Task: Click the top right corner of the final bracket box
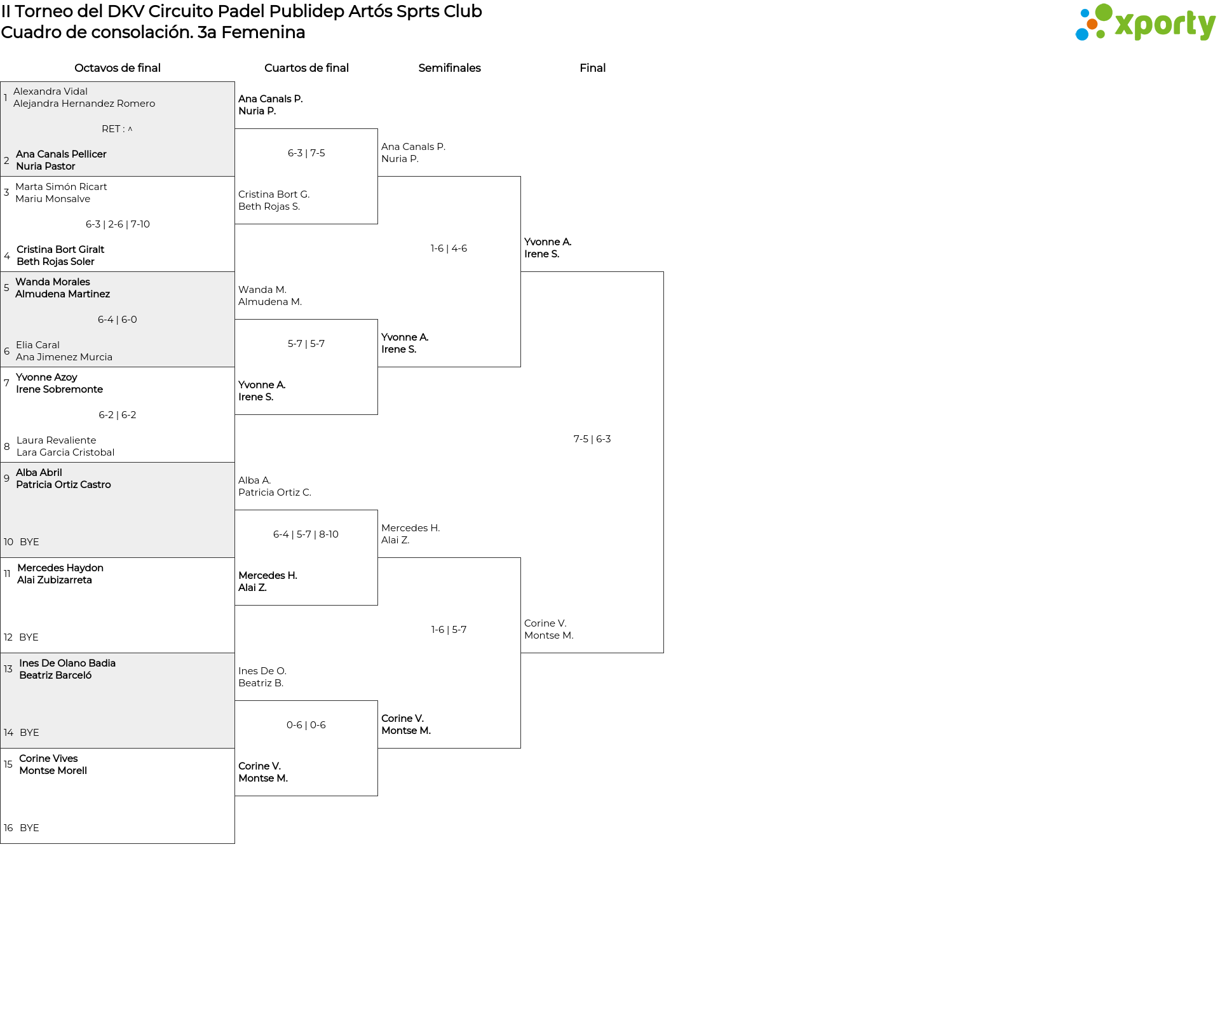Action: [663, 272]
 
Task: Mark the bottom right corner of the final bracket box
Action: [663, 653]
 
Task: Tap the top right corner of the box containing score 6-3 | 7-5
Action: [377, 129]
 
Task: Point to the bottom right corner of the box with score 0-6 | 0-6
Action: [377, 796]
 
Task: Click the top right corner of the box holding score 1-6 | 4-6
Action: [520, 177]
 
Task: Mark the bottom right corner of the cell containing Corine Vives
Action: [234, 843]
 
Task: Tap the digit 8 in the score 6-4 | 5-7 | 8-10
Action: [322, 534]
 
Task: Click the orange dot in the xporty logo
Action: [1092, 24]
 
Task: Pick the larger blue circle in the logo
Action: [1081, 34]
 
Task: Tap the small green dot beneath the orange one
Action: [1101, 36]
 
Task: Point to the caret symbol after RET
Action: [130, 129]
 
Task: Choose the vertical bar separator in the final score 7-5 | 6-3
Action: [592, 439]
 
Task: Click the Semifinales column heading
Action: [449, 68]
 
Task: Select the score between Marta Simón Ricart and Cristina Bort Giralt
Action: [118, 224]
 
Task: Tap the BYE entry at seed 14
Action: [29, 733]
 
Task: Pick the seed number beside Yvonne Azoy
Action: [6, 383]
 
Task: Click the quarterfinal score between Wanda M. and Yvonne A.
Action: [306, 344]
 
